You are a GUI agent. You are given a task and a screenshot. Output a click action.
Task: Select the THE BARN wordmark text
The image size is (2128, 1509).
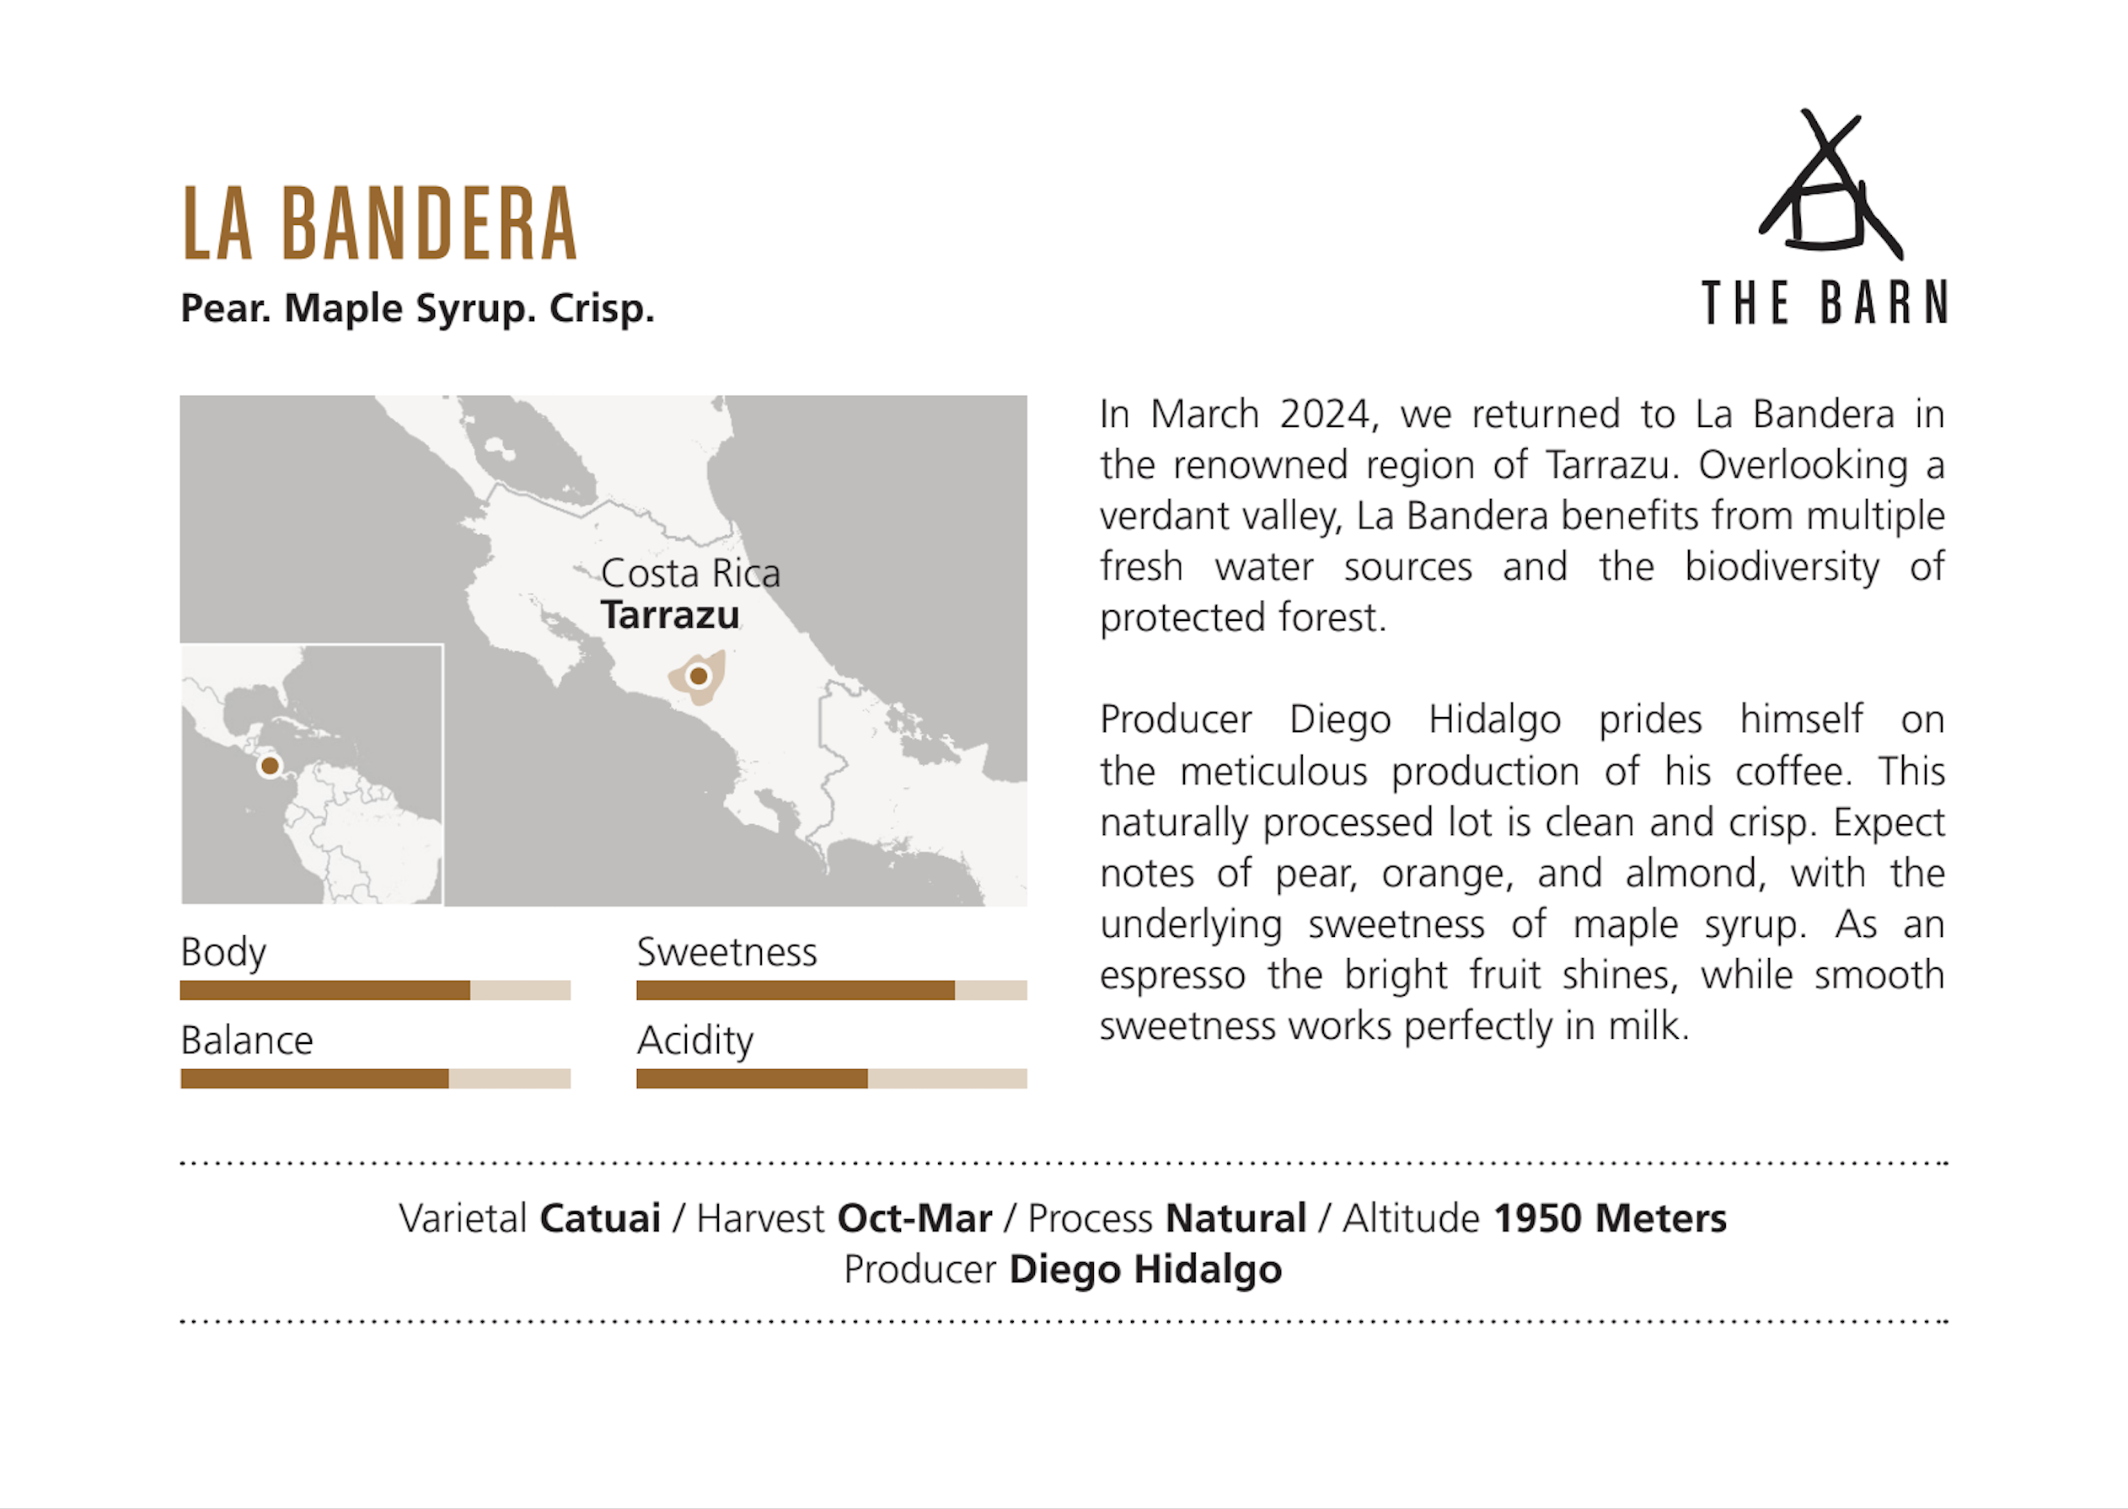coord(1824,303)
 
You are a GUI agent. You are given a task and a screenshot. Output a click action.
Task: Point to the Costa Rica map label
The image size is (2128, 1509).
coord(690,573)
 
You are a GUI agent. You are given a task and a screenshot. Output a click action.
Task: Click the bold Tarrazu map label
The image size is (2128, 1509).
coord(670,615)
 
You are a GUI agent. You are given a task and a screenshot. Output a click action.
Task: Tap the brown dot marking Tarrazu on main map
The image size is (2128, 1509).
coord(699,677)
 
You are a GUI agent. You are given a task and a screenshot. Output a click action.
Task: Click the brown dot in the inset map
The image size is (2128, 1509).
coord(270,766)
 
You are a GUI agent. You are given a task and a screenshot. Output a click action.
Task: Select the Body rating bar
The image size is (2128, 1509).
coord(375,991)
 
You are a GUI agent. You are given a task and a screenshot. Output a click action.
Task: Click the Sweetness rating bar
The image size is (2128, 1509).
coord(832,991)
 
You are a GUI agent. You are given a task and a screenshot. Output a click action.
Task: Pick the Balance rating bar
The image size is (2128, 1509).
coord(375,1078)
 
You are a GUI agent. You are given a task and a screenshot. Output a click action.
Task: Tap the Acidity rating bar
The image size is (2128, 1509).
coord(832,1078)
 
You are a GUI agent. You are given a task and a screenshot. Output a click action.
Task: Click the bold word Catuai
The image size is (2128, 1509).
coord(600,1218)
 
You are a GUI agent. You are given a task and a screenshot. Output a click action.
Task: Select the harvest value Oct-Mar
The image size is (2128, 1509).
coord(914,1218)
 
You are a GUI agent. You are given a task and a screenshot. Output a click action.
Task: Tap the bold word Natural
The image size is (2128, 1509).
coord(1236,1218)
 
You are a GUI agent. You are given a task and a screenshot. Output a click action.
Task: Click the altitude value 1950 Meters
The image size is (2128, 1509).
coord(1610,1218)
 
